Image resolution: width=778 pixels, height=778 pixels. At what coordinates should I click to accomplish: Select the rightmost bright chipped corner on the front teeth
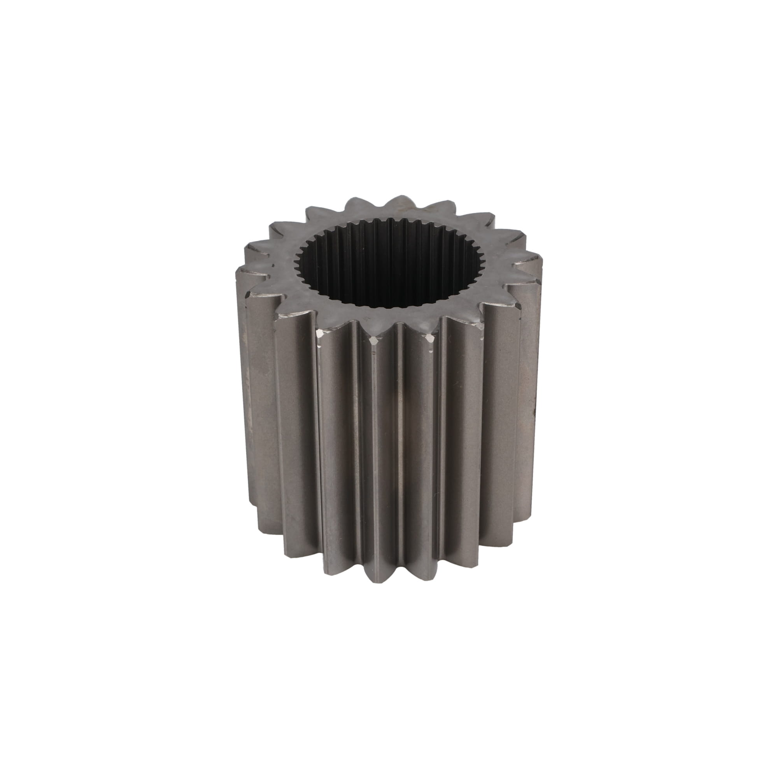click(x=431, y=339)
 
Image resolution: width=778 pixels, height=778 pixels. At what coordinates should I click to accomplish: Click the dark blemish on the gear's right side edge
click(x=534, y=411)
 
